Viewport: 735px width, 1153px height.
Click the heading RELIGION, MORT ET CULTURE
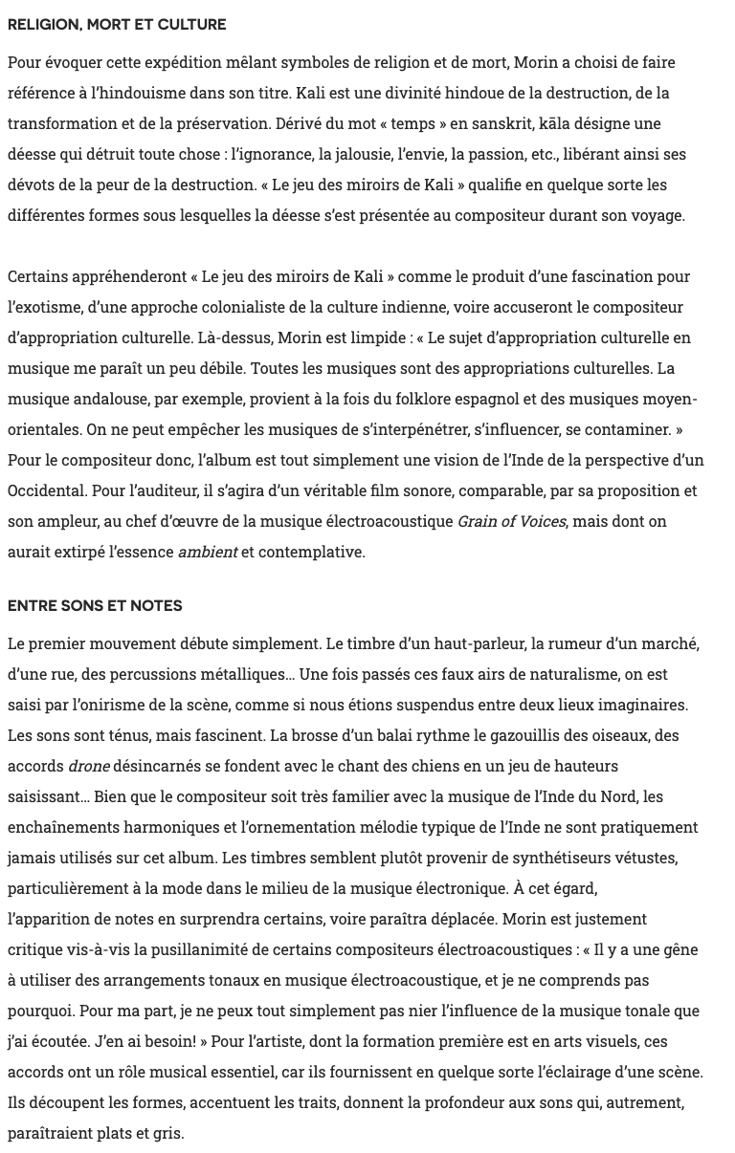point(117,25)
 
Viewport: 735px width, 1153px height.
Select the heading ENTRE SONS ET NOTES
point(95,606)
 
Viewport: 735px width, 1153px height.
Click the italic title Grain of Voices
point(511,521)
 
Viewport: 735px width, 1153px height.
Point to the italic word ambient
point(208,552)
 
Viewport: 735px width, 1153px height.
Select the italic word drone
point(89,766)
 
